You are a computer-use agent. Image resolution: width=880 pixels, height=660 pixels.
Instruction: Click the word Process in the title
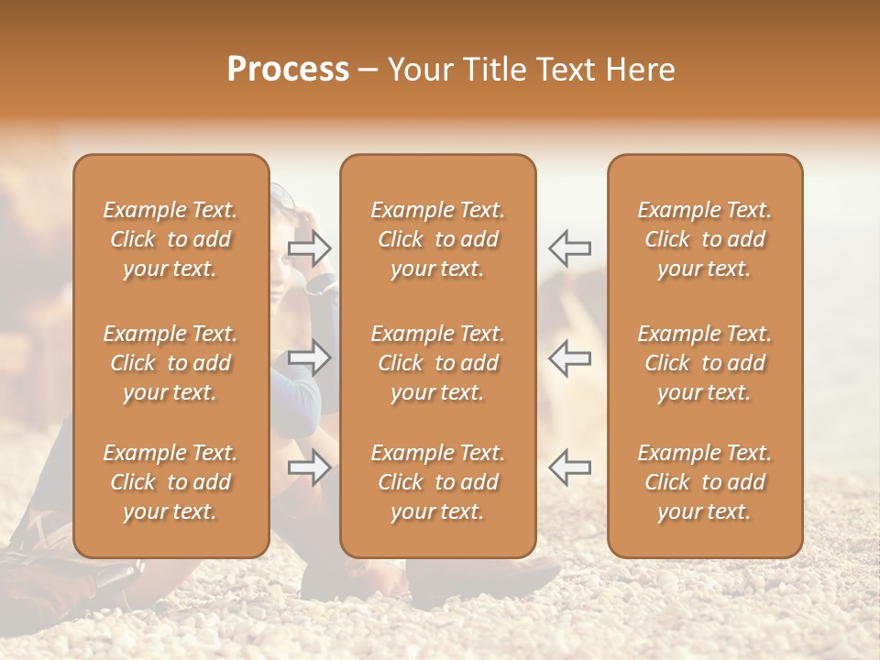tap(288, 70)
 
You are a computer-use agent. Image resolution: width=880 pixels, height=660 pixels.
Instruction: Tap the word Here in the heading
tap(641, 70)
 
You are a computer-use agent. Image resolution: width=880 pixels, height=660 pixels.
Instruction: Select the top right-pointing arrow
tap(310, 247)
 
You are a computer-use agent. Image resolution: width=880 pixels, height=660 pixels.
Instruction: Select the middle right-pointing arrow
tap(310, 357)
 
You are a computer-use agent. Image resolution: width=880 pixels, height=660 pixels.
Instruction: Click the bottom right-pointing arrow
tap(310, 467)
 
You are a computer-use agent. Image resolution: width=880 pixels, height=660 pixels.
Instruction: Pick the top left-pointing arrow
tap(569, 247)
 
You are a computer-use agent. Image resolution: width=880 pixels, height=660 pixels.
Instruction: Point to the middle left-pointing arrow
tap(569, 357)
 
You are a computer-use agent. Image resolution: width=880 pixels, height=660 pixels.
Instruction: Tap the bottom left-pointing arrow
tap(569, 467)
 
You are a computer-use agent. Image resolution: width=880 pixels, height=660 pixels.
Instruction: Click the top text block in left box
tap(170, 239)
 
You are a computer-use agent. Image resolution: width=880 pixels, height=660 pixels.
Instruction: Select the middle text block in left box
tap(170, 363)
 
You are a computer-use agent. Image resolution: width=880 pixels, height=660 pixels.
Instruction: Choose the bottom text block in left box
tap(170, 482)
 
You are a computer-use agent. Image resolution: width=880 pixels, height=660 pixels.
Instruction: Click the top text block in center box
tap(437, 239)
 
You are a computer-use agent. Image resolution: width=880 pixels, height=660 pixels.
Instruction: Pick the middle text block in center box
tap(437, 363)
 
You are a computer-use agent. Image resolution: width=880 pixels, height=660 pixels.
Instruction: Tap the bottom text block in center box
tap(437, 482)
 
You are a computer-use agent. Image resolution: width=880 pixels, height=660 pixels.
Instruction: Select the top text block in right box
tap(704, 239)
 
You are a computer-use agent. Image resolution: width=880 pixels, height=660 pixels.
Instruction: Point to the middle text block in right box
tap(704, 363)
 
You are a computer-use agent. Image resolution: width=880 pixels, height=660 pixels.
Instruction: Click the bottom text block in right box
tap(704, 482)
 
